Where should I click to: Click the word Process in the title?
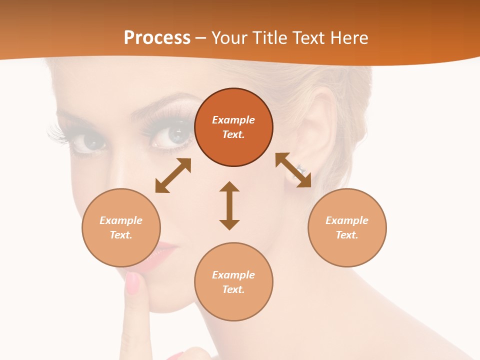coord(157,38)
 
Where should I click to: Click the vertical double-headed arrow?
coord(229,205)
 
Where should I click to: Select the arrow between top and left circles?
coord(173,175)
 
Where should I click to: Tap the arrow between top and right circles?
coord(293,170)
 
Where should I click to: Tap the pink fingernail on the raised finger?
coord(132,283)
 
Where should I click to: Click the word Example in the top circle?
coord(233,120)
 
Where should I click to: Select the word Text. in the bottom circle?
coord(233,289)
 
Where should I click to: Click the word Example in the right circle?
coord(347,220)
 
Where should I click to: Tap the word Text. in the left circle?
coord(121,235)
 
